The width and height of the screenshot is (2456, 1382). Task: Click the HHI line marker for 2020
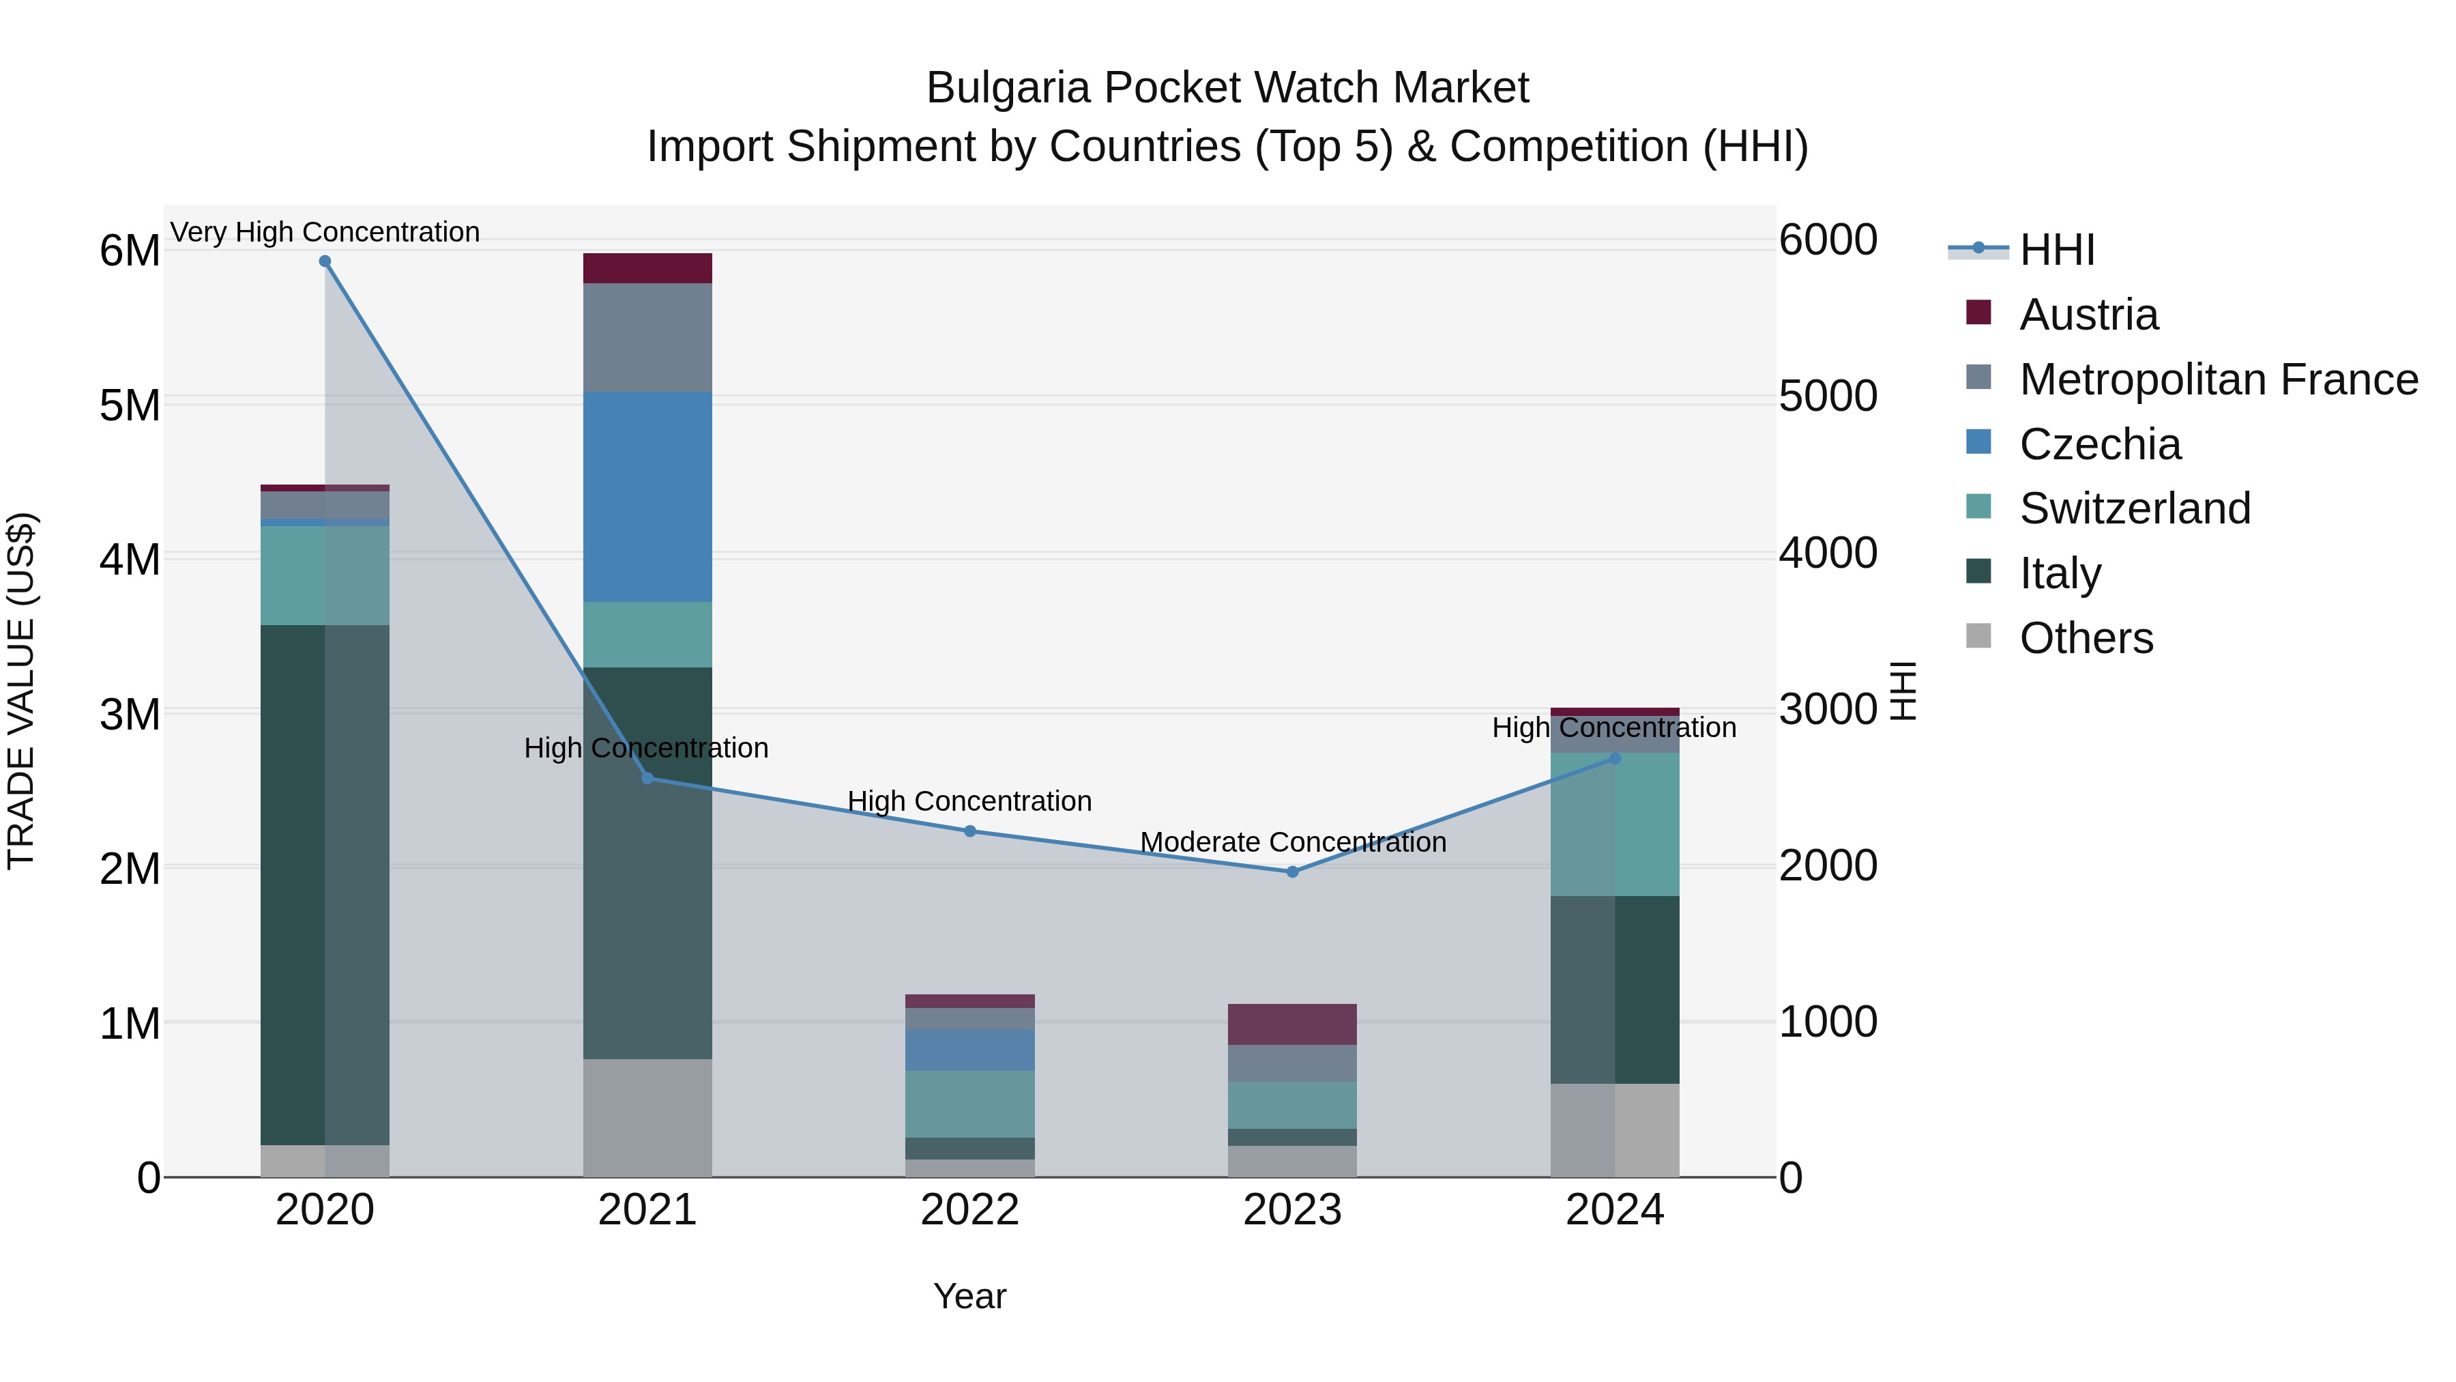point(325,261)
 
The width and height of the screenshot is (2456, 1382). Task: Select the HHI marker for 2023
point(1293,872)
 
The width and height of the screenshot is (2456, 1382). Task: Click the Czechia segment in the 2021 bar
point(647,497)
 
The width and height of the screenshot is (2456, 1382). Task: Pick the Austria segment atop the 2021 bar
point(647,268)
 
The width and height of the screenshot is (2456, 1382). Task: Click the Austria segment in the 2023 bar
point(1292,1024)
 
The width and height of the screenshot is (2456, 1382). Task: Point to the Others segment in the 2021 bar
point(647,1118)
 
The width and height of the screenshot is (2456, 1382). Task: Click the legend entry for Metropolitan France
point(2218,379)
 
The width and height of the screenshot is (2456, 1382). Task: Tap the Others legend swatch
point(1978,636)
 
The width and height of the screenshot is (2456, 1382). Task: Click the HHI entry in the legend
point(2056,250)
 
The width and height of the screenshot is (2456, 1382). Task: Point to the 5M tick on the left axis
point(130,405)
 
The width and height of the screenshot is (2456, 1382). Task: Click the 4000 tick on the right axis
point(1828,553)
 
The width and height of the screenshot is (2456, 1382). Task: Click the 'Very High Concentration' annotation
point(325,232)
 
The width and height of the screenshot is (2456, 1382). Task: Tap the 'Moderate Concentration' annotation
point(1293,842)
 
